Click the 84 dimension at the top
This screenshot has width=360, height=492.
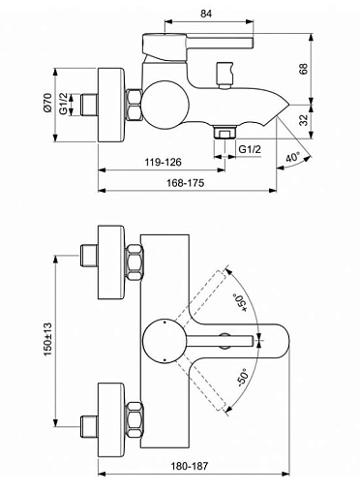(205, 14)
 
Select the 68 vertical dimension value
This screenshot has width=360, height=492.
(304, 69)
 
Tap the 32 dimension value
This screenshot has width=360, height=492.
(304, 121)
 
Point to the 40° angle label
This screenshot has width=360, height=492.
(293, 158)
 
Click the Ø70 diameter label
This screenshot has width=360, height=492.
(47, 103)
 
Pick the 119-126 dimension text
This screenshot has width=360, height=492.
(164, 162)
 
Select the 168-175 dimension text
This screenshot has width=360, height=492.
(186, 183)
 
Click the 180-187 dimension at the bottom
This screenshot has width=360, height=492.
(190, 466)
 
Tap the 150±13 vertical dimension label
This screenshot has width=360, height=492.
(47, 339)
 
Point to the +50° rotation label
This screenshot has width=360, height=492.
(240, 302)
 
